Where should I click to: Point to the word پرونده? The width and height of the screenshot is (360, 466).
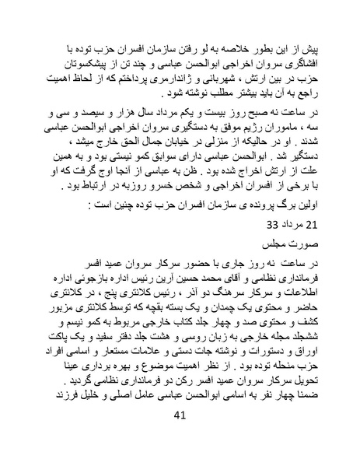click(257, 205)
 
